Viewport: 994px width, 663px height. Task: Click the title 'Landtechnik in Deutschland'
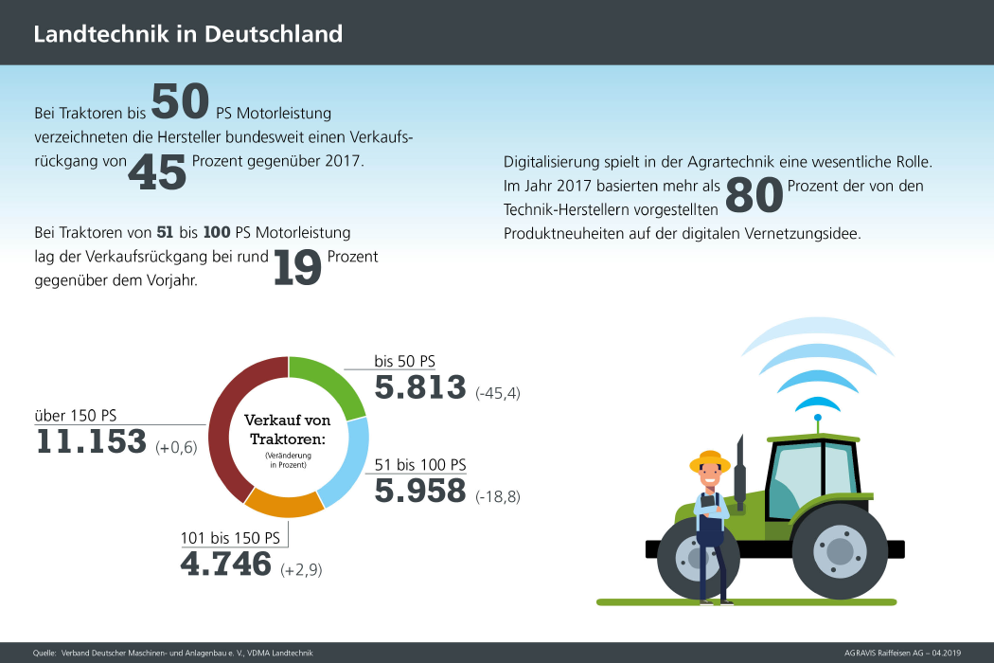187,35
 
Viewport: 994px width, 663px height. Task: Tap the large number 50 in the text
180,102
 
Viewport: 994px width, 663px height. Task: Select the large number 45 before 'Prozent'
157,171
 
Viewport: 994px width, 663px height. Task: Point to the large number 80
754,195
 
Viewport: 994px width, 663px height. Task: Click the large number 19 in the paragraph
297,267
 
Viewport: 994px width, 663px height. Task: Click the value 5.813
420,387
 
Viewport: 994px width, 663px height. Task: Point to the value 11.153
91,441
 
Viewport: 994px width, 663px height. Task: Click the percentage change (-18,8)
498,496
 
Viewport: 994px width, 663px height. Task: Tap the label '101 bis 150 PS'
230,538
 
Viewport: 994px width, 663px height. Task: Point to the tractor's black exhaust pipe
738,470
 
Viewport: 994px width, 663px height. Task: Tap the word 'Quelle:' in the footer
44,654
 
